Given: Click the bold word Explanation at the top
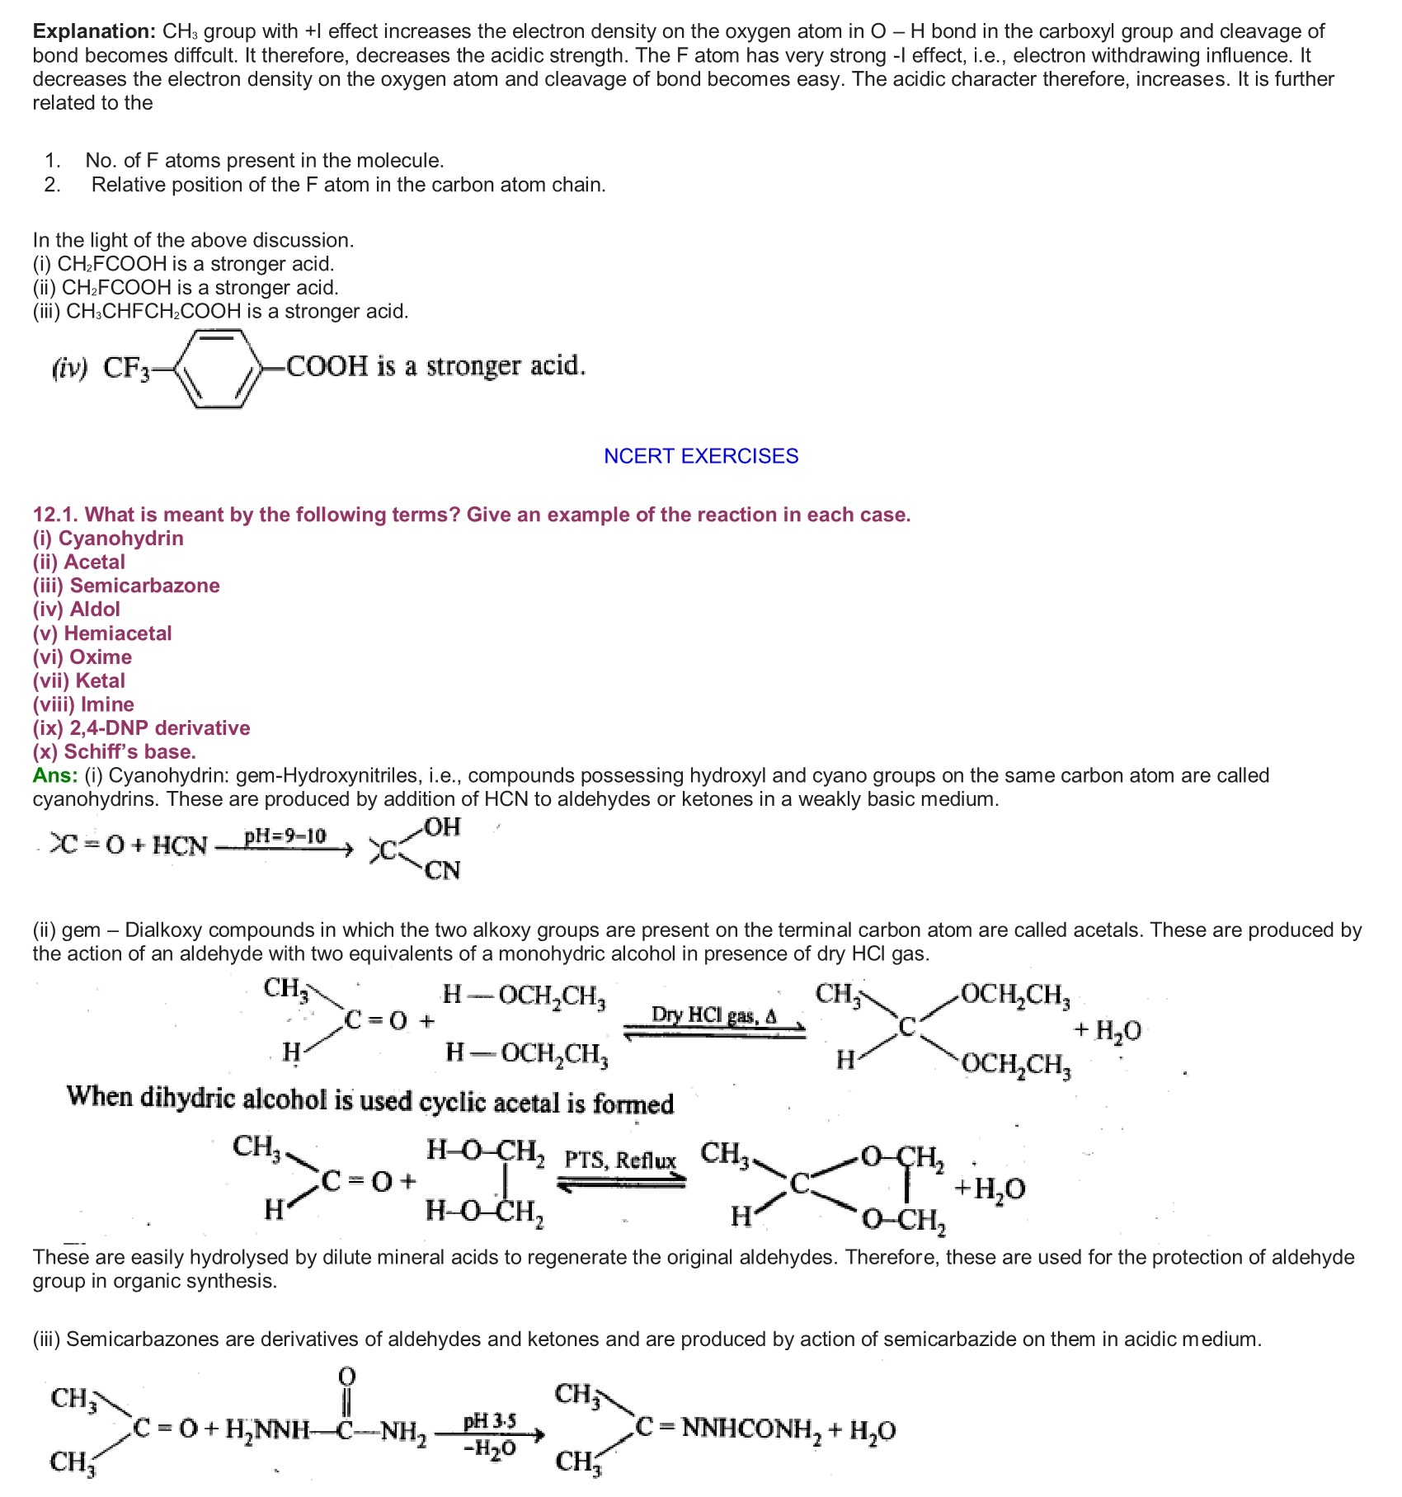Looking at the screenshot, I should click(93, 31).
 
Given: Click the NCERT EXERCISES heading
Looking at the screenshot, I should click(701, 456).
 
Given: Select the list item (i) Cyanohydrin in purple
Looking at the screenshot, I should click(108, 539).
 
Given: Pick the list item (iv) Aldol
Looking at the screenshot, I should click(77, 610).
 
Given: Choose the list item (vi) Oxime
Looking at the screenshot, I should click(82, 657).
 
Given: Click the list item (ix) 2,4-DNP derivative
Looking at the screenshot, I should click(141, 728).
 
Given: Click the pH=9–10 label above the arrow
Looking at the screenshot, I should click(285, 836).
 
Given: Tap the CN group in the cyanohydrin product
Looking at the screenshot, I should click(442, 871).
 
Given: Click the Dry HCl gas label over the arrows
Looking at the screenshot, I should click(713, 1014).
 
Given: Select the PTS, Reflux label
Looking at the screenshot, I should click(620, 1160).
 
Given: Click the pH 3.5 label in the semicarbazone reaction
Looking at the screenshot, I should click(490, 1421).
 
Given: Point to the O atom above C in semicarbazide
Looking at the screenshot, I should click(347, 1376).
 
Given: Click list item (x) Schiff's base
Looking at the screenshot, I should click(115, 752).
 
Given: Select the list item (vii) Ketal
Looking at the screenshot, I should click(79, 681).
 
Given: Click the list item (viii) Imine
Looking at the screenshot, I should click(83, 705).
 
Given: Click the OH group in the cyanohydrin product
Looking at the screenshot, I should click(442, 827).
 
